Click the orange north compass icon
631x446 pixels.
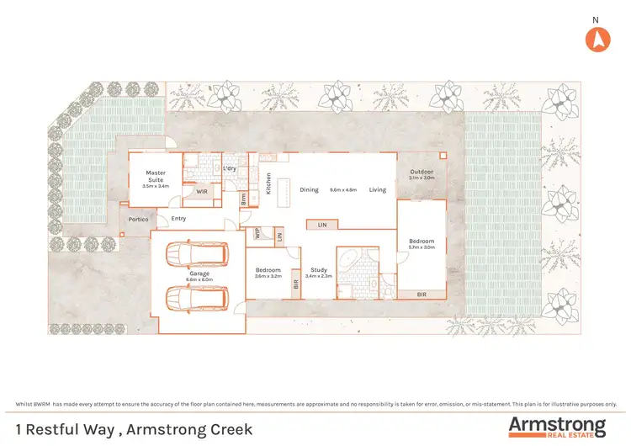click(x=596, y=39)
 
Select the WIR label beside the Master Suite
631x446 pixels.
click(x=202, y=192)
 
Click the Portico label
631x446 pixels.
click(x=138, y=220)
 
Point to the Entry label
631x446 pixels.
click(x=178, y=219)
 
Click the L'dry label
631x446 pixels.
click(x=230, y=167)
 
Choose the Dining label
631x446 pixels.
click(x=309, y=189)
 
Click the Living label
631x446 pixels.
click(x=377, y=189)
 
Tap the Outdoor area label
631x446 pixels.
click(x=422, y=172)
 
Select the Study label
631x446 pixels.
click(x=315, y=270)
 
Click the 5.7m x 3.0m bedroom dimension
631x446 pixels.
click(x=421, y=247)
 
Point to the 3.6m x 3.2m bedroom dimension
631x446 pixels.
click(x=268, y=276)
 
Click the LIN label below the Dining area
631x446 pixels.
click(x=322, y=225)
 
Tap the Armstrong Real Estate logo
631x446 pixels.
click(x=556, y=427)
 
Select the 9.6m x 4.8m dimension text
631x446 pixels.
click(x=344, y=190)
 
